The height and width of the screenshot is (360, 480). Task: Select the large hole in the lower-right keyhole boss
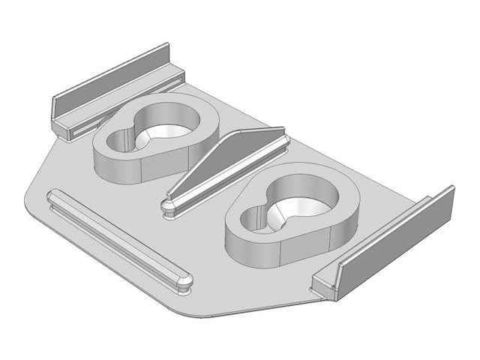[306, 201]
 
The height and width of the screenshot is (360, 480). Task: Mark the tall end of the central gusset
[279, 136]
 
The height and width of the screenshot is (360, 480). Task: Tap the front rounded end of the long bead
[184, 282]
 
